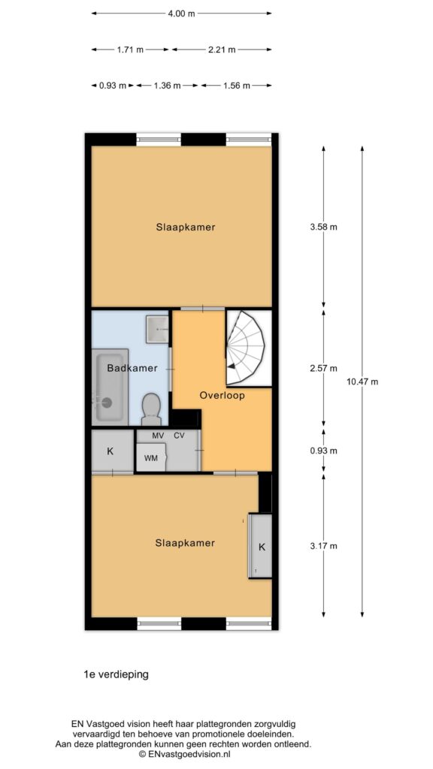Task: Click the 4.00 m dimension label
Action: click(181, 14)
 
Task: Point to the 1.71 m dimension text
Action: click(130, 50)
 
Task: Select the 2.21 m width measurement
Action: click(222, 50)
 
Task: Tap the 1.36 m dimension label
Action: click(167, 86)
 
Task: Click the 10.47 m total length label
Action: click(362, 381)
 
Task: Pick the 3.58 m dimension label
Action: click(323, 227)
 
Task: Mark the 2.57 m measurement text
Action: click(323, 368)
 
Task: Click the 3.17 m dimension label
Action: click(323, 546)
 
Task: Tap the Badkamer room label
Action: click(132, 368)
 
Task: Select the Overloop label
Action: click(222, 395)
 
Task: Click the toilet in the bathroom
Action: click(150, 409)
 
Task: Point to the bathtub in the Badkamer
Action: click(111, 385)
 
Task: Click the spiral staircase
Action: click(247, 348)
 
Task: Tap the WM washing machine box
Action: click(151, 457)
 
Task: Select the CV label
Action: click(179, 436)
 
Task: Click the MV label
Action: click(158, 436)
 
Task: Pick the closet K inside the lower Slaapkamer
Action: click(261, 545)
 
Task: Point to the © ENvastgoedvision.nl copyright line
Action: click(185, 755)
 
